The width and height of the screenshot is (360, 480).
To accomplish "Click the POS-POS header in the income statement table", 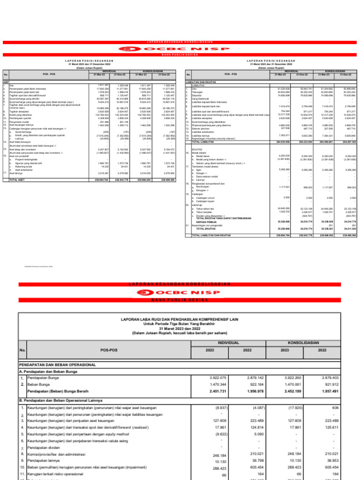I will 106,349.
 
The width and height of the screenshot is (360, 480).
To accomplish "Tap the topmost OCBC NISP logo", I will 180,48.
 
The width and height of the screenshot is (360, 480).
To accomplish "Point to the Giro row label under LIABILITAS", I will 194,88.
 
